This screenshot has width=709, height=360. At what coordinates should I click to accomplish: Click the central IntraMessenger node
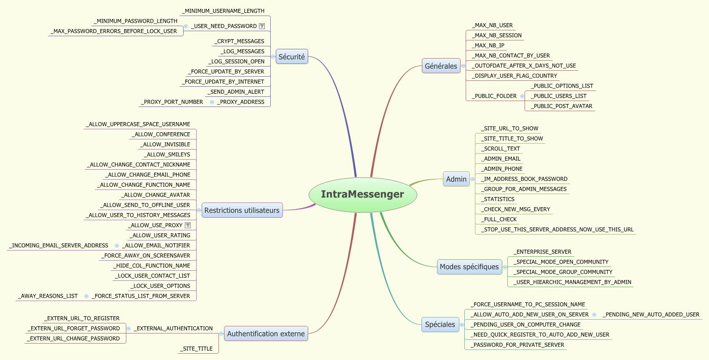click(x=362, y=194)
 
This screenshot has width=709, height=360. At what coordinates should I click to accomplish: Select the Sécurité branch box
click(x=292, y=57)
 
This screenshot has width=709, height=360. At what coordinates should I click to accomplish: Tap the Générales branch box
click(x=441, y=66)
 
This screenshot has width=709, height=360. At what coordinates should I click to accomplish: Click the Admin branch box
click(x=456, y=179)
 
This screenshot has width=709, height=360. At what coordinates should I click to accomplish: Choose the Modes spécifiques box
click(x=469, y=267)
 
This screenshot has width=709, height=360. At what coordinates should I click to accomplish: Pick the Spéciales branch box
click(x=440, y=325)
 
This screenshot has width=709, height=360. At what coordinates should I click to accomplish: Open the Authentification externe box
click(x=266, y=334)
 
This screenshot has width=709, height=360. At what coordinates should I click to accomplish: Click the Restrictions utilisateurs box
click(x=242, y=211)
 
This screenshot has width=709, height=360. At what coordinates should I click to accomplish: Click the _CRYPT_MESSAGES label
click(x=240, y=41)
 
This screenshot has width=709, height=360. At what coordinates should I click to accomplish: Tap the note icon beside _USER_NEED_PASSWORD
click(x=262, y=26)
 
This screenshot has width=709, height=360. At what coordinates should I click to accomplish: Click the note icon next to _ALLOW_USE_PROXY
click(x=188, y=225)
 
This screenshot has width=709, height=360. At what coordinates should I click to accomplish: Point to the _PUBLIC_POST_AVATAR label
click(x=561, y=106)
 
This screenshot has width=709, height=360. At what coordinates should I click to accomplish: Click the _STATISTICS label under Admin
click(x=499, y=199)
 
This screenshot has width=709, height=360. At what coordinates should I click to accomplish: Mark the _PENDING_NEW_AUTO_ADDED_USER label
click(x=651, y=315)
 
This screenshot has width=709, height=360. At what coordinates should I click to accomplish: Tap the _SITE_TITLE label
click(x=197, y=349)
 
